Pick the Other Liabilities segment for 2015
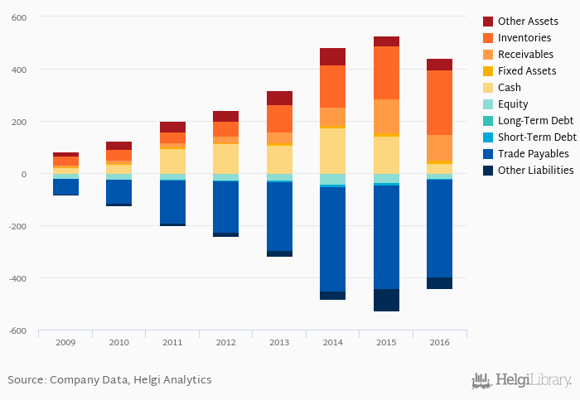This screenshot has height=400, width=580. [386, 300]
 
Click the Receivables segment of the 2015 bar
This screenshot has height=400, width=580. [386, 116]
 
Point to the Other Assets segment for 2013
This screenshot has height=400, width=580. [279, 98]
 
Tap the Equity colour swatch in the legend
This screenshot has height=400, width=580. [488, 104]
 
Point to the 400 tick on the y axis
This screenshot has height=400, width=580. [18, 70]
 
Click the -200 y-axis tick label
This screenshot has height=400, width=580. [17, 227]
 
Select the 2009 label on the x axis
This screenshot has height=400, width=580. [65, 342]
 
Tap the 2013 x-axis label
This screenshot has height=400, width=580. [279, 342]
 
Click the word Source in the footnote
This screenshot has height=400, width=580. [26, 380]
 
